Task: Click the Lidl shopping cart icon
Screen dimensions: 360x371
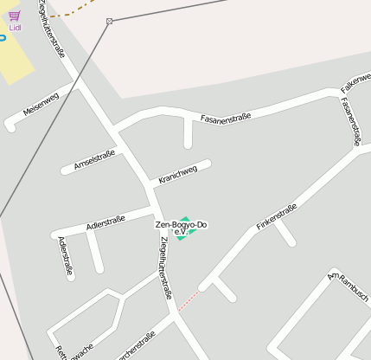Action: (x=15, y=16)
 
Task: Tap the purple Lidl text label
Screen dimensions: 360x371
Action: (x=15, y=28)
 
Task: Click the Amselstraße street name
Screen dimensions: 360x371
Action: (x=94, y=158)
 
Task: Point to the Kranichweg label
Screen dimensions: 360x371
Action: (x=177, y=176)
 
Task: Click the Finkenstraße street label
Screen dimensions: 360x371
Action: (x=277, y=217)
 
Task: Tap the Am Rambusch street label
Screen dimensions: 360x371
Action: (x=349, y=287)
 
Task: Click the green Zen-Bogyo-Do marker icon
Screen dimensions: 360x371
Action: (x=182, y=228)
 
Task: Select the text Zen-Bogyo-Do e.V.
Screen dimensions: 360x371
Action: (x=181, y=228)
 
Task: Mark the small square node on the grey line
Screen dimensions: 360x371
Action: (x=109, y=21)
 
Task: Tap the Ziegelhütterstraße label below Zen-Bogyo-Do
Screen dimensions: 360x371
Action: (x=165, y=269)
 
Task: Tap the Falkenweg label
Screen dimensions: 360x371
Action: (x=355, y=84)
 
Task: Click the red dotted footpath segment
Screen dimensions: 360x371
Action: (x=188, y=299)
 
